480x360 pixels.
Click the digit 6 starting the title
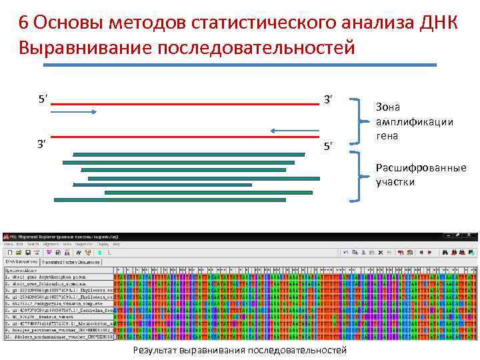coord(23,22)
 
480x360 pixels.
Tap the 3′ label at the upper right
coord(327,100)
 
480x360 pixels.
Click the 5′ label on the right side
coord(327,145)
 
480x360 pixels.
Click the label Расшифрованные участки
coord(421,175)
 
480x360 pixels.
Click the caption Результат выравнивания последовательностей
coord(239,350)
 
